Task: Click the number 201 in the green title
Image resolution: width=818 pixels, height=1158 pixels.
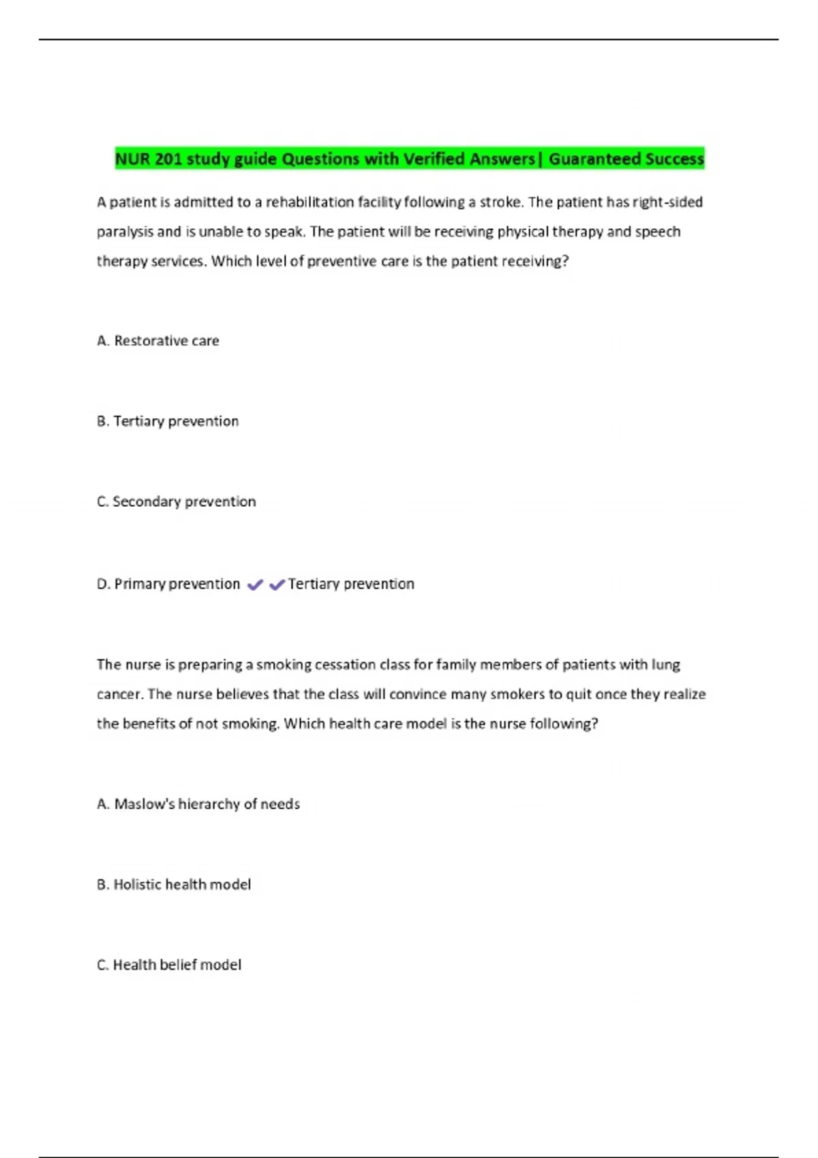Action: [x=168, y=159]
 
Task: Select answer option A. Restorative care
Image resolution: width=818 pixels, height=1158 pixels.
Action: [x=158, y=341]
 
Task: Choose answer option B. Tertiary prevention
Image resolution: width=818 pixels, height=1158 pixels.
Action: [x=168, y=421]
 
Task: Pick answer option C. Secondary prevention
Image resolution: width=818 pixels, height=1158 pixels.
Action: [x=177, y=501]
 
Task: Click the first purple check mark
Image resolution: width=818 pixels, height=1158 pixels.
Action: [x=255, y=584]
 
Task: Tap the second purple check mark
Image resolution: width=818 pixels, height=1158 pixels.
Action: [x=277, y=584]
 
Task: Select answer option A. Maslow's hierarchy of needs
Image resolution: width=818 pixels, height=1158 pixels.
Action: [x=198, y=804]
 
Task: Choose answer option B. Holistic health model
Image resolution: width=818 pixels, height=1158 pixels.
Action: [x=174, y=884]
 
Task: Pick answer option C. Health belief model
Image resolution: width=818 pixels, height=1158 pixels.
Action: [x=169, y=965]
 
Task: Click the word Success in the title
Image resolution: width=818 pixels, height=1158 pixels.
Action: [x=674, y=159]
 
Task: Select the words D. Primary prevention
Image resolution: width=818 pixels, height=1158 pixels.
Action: [x=168, y=584]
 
